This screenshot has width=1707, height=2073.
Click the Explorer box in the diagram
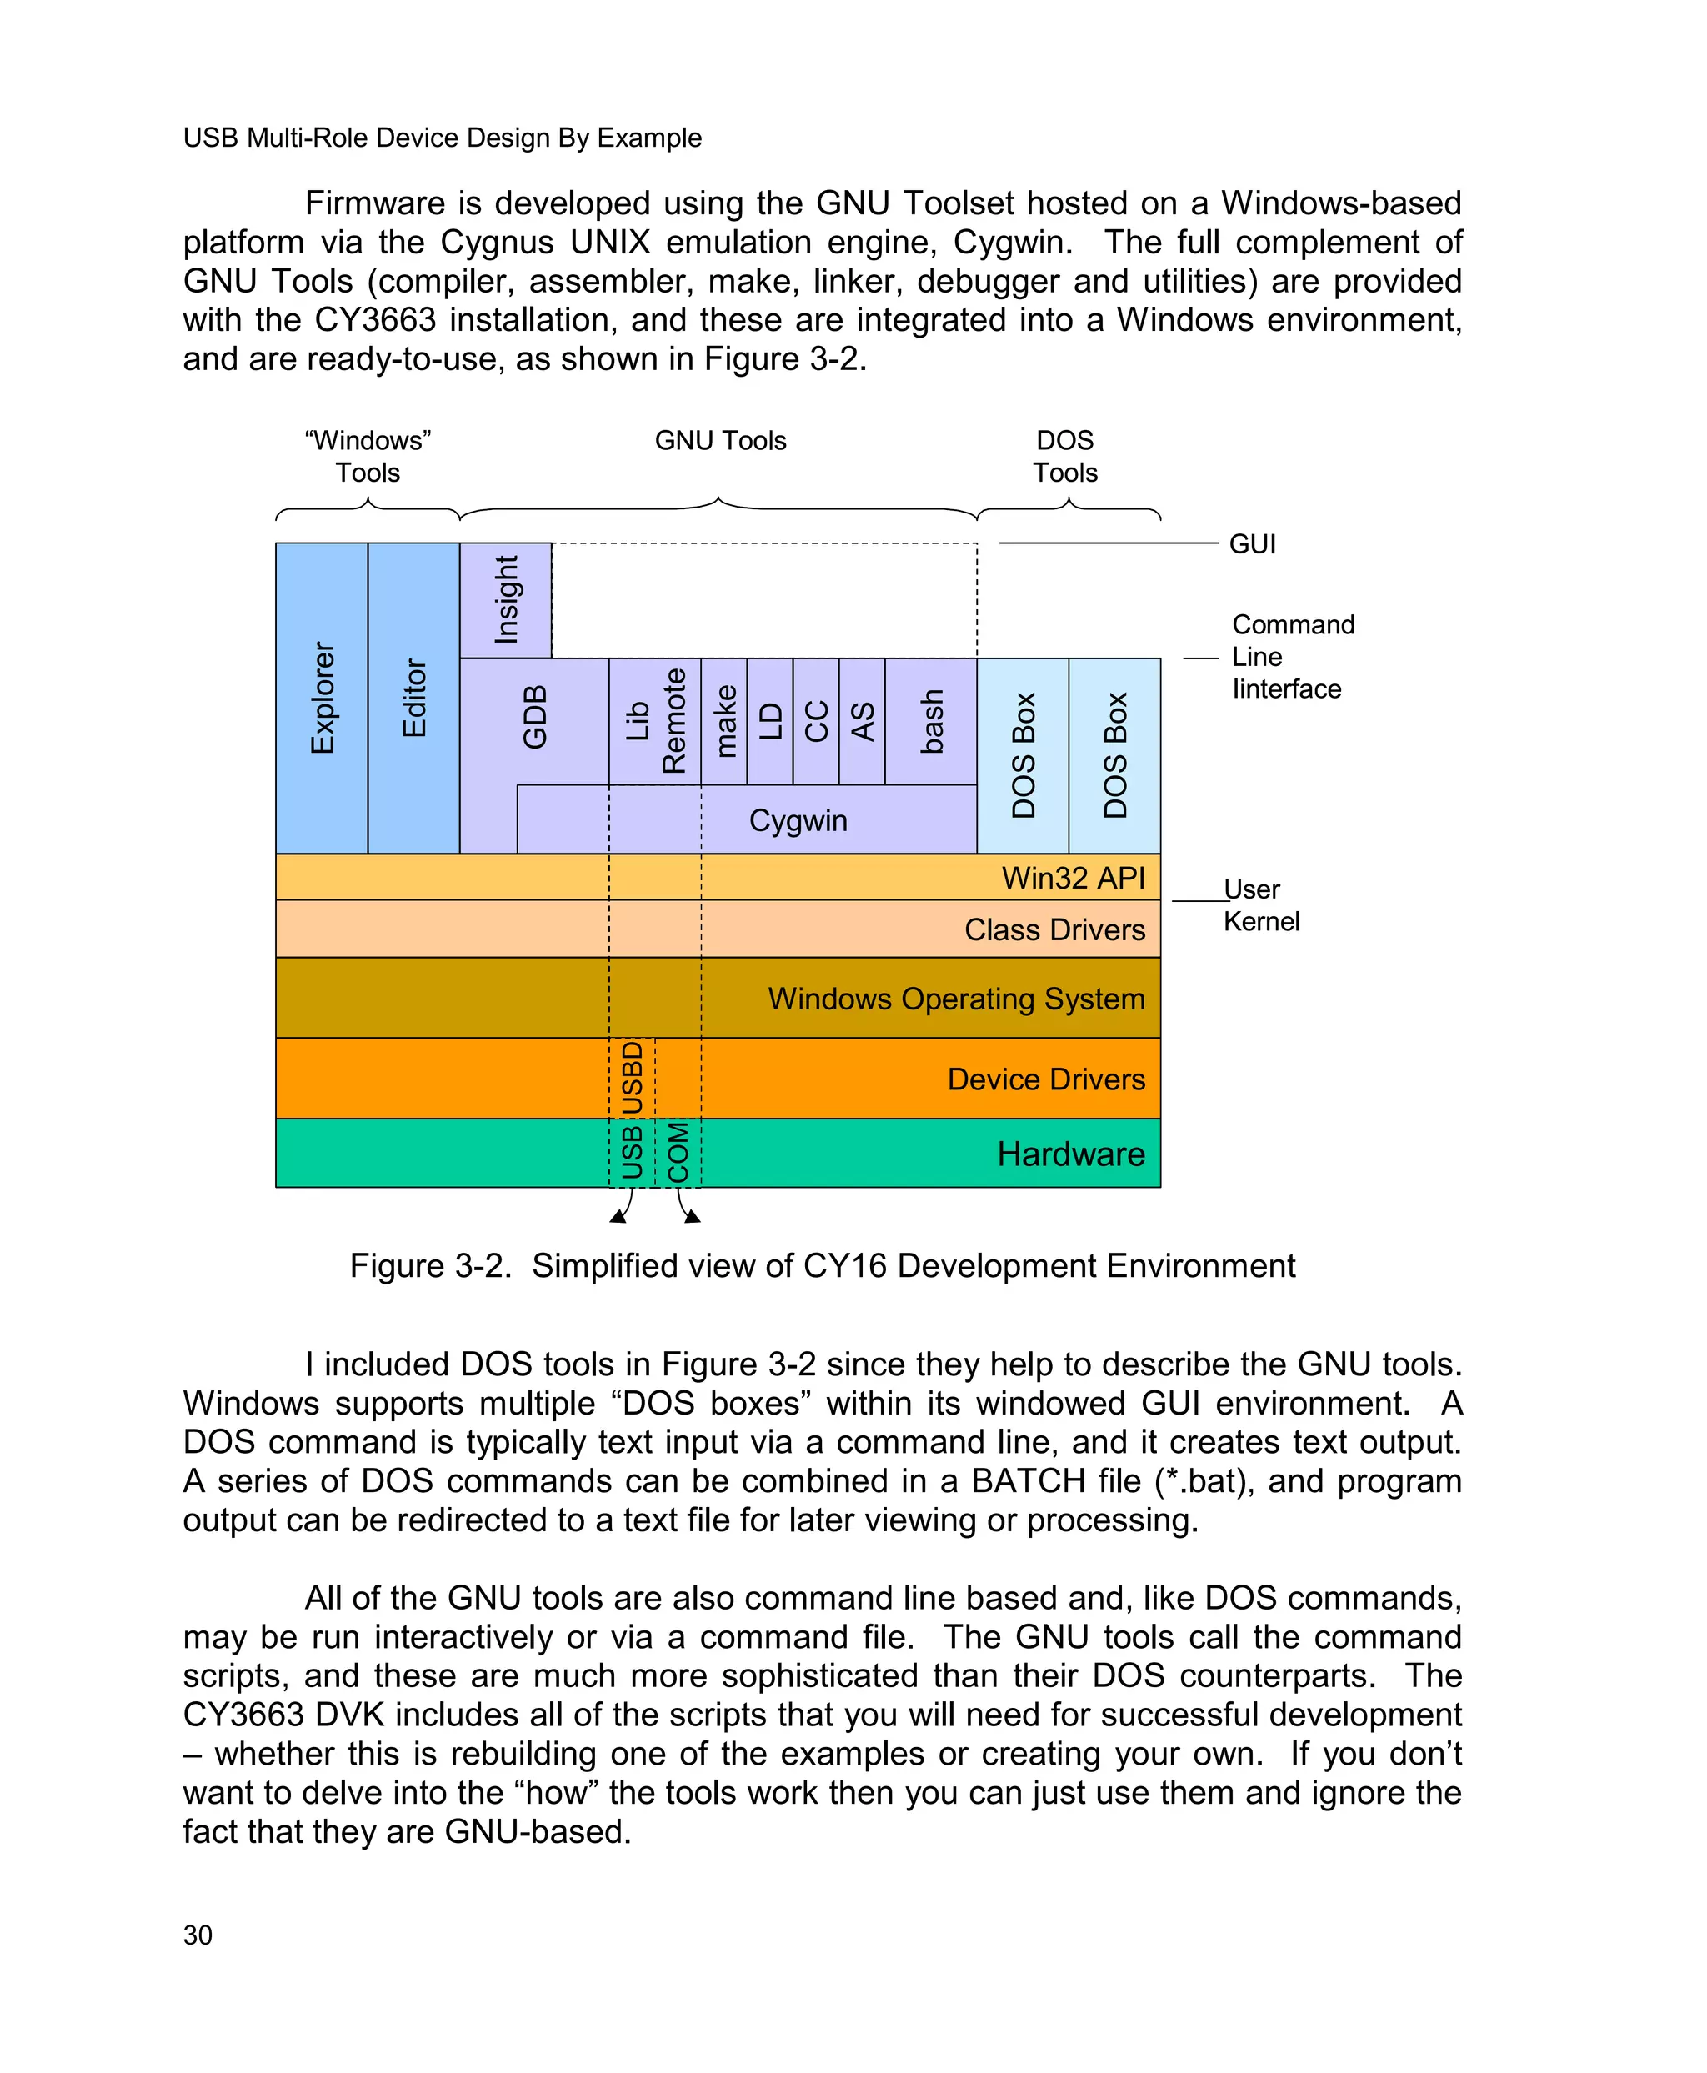[x=322, y=699]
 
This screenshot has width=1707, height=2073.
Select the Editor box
[x=413, y=699]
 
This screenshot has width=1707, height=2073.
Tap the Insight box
[x=505, y=600]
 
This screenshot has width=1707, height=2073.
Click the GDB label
[x=534, y=718]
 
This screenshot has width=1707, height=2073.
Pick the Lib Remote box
[x=655, y=721]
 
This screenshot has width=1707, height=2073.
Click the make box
[x=724, y=721]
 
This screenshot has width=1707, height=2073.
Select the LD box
[x=770, y=721]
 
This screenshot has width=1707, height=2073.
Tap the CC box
[x=816, y=721]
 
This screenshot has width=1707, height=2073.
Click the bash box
[x=931, y=721]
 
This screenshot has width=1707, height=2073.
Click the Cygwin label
[x=798, y=820]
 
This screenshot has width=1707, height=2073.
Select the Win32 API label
[x=1073, y=877]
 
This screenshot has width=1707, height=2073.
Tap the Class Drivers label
[x=1054, y=929]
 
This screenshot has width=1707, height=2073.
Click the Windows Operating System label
[x=956, y=998]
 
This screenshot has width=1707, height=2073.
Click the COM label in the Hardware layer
[x=678, y=1153]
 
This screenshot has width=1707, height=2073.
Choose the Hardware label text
[x=1070, y=1154]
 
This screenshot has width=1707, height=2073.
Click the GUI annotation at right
[x=1252, y=543]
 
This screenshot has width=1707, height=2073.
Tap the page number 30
[x=198, y=1935]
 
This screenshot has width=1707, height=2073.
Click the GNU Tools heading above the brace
[x=721, y=441]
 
